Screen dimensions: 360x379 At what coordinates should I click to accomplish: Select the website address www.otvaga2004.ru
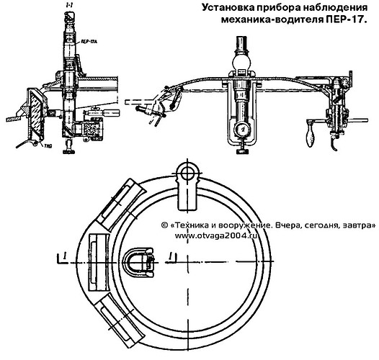215,235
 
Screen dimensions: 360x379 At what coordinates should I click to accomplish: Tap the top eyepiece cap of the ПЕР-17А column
70,16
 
